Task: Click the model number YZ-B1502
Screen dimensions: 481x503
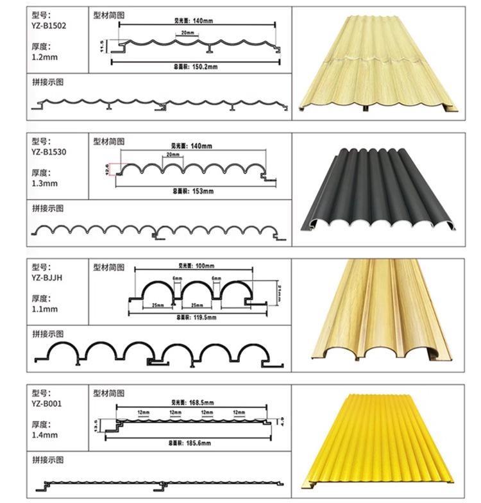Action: pyautogui.click(x=48, y=26)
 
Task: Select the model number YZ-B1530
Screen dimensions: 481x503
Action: pyautogui.click(x=48, y=152)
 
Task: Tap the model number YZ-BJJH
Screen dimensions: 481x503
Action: pyautogui.click(x=46, y=278)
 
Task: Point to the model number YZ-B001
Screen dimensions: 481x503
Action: pyautogui.click(x=46, y=404)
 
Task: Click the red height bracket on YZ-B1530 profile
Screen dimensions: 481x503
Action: pyautogui.click(x=113, y=169)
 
